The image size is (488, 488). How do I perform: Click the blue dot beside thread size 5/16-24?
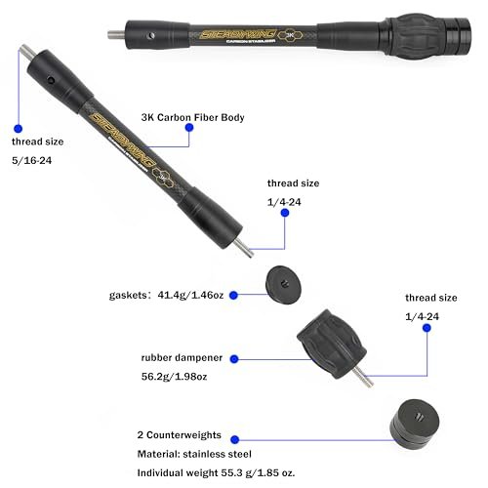click(17, 127)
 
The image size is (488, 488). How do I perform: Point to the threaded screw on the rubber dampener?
click(364, 372)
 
